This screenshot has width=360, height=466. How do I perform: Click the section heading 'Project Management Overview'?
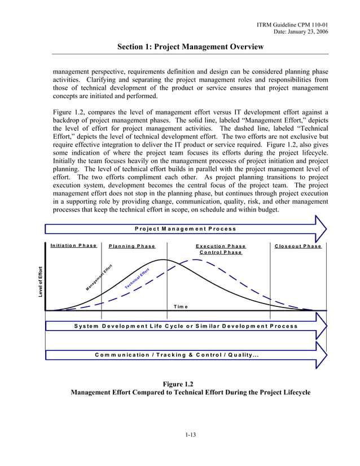pyautogui.click(x=190, y=47)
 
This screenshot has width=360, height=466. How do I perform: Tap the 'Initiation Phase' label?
pyautogui.click(x=73, y=245)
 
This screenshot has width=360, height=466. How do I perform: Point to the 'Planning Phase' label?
pyautogui.click(x=132, y=246)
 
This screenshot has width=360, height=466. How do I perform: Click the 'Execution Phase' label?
pyautogui.click(x=221, y=246)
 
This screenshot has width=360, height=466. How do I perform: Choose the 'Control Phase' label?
pyautogui.click(x=221, y=252)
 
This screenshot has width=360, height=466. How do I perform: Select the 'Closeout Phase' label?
pyautogui.click(x=298, y=246)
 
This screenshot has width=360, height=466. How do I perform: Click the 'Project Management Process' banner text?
pyautogui.click(x=185, y=228)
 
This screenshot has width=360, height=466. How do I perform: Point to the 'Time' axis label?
pyautogui.click(x=181, y=306)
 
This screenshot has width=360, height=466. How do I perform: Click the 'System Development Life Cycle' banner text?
pyautogui.click(x=186, y=326)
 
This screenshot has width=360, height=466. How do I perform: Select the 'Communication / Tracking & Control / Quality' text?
pyautogui.click(x=177, y=355)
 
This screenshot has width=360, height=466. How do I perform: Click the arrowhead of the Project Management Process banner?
pyautogui.click(x=321, y=229)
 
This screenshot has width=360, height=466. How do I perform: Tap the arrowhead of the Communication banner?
pyautogui.click(x=321, y=355)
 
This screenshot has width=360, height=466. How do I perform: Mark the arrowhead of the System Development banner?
pyautogui.click(x=321, y=327)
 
